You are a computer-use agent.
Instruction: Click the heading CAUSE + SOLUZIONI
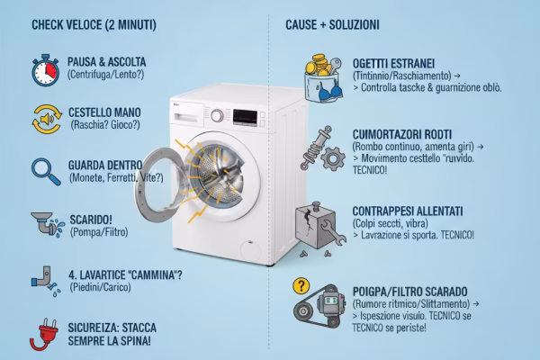point(332,24)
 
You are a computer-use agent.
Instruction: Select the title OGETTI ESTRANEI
point(394,64)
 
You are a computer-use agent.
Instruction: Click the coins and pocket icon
point(321,76)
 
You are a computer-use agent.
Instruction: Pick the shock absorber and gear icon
point(321,149)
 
